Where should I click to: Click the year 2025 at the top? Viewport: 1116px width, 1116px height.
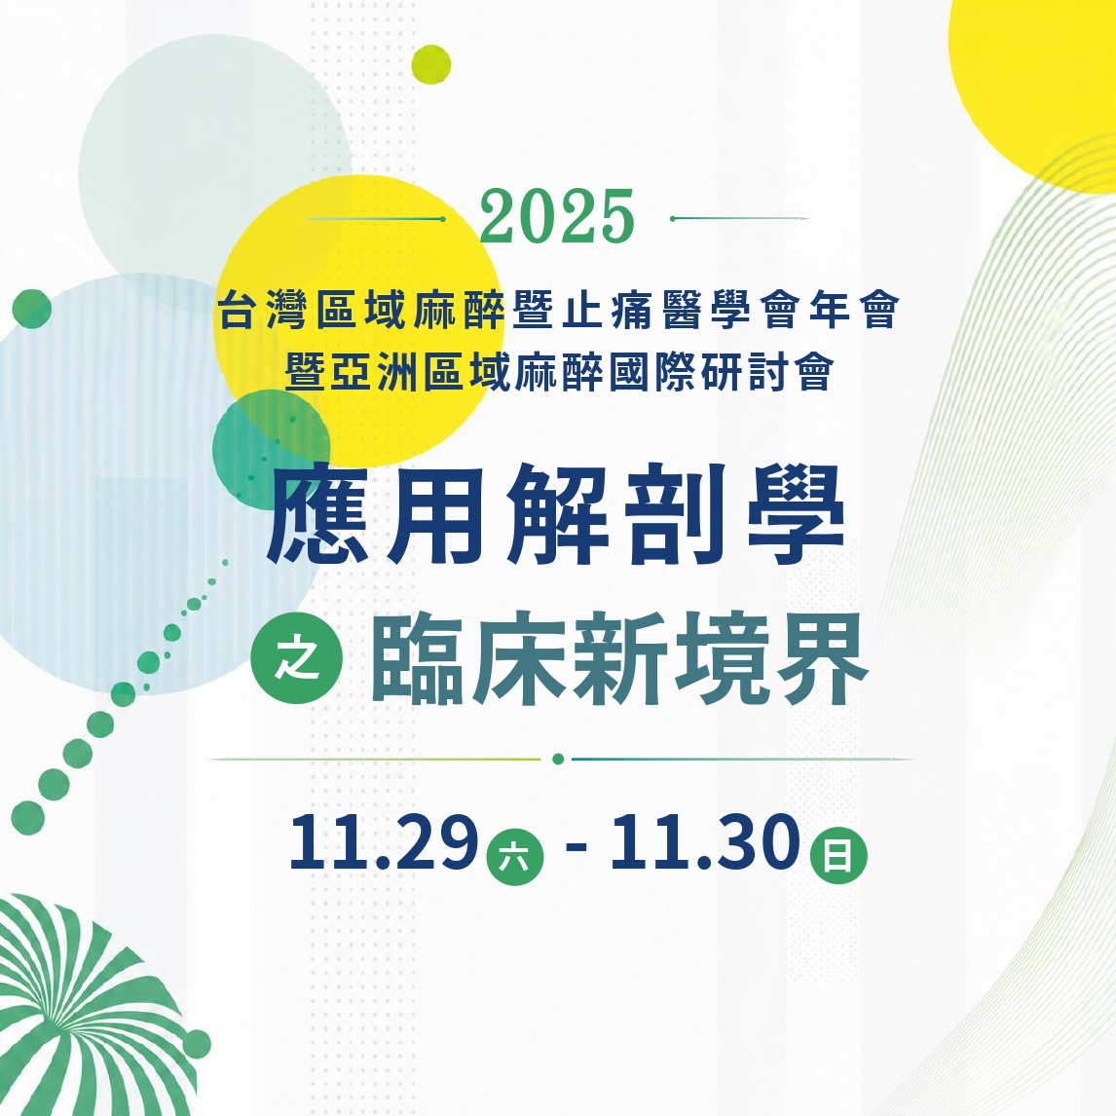[557, 217]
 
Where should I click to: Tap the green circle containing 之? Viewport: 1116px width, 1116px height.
[297, 658]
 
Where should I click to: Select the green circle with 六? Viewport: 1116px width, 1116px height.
[514, 856]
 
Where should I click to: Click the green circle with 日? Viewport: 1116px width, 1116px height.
[838, 855]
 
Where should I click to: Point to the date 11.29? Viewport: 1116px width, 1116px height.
[383, 842]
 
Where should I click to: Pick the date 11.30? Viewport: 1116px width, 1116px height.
[705, 842]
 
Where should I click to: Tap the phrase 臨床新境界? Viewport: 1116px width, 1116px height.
[619, 659]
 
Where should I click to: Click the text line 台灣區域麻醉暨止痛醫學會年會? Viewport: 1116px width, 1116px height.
[559, 311]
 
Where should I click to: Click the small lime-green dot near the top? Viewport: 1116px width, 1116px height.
[431, 64]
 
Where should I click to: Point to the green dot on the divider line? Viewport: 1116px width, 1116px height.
[558, 759]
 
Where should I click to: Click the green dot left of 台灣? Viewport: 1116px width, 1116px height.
[31, 310]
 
